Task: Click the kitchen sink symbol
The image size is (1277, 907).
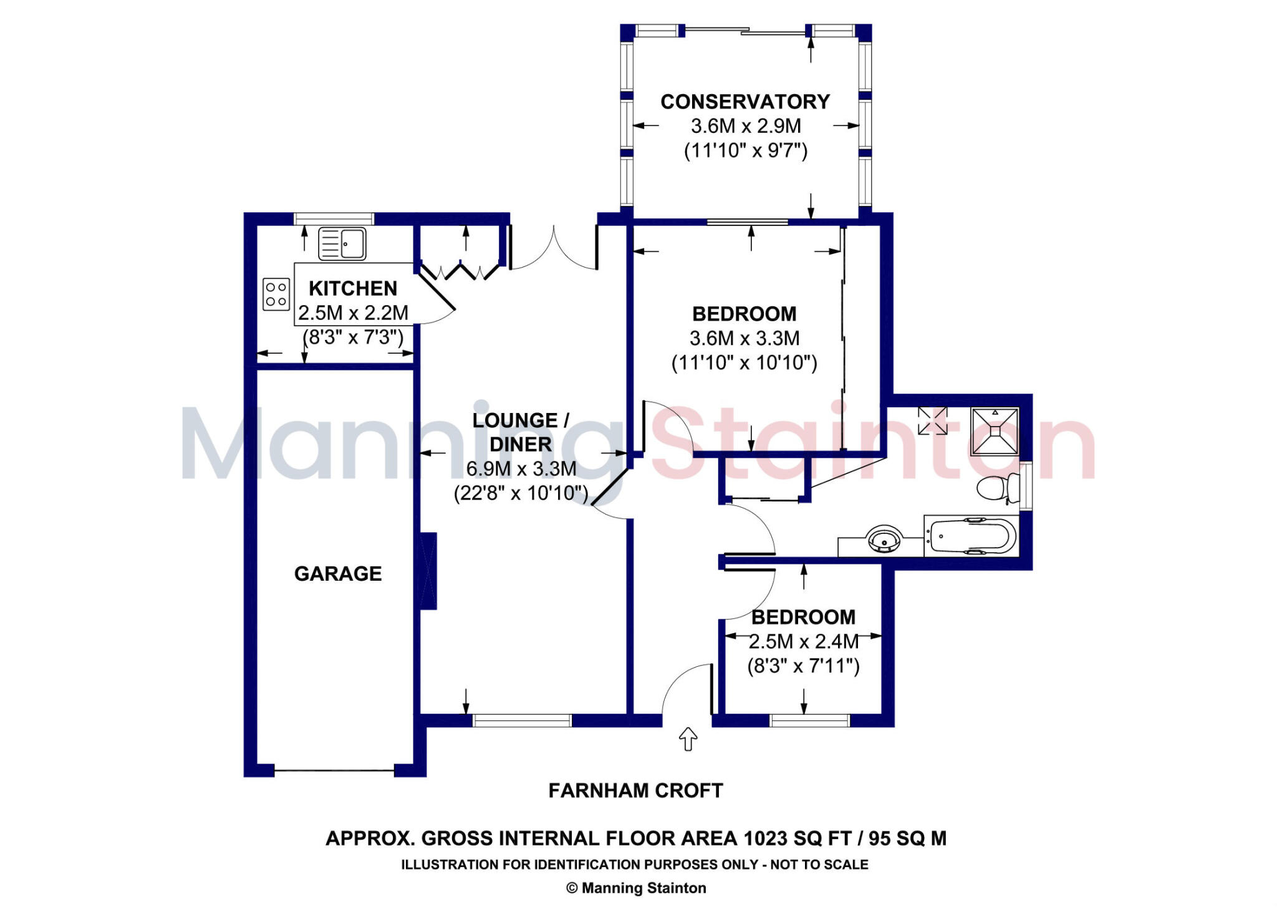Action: (x=342, y=243)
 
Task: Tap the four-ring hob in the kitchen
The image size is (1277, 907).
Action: (x=276, y=294)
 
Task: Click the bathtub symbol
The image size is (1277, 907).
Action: (x=971, y=536)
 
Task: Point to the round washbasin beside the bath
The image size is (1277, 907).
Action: (x=884, y=540)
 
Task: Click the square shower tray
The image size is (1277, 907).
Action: (x=995, y=431)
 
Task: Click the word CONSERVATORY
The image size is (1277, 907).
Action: (x=745, y=102)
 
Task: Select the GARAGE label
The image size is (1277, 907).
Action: (x=338, y=574)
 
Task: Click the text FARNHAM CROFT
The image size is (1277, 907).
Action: (x=635, y=791)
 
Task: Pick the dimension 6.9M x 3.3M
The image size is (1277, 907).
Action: (x=521, y=469)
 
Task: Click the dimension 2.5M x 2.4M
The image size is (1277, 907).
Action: (x=804, y=642)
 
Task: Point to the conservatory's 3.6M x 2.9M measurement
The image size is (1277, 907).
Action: (x=746, y=127)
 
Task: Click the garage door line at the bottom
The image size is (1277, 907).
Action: (x=334, y=771)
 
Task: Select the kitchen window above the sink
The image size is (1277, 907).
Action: (x=334, y=219)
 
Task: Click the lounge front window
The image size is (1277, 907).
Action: (x=522, y=721)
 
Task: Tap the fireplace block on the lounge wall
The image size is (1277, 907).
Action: (x=428, y=571)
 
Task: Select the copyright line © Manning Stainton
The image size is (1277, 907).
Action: (x=635, y=888)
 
